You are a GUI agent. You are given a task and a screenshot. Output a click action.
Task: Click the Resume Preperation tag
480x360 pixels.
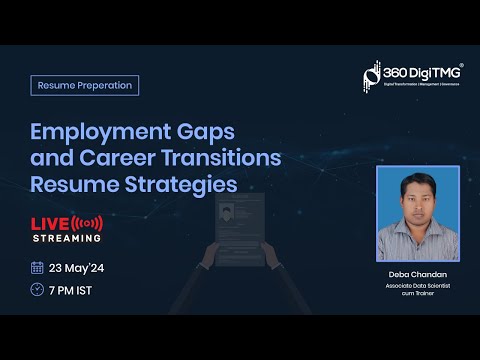[x=84, y=85]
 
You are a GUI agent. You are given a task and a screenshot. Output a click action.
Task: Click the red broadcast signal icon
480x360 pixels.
[x=88, y=221]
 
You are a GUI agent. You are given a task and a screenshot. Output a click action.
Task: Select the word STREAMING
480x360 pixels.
[x=67, y=238]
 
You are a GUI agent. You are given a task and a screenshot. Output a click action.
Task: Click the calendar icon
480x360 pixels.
[x=37, y=267]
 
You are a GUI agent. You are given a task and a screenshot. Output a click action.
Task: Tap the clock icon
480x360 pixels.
[x=37, y=289]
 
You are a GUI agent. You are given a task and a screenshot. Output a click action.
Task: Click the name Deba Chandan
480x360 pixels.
[x=416, y=273]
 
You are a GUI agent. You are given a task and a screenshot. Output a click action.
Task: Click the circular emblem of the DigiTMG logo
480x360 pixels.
[x=371, y=76]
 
